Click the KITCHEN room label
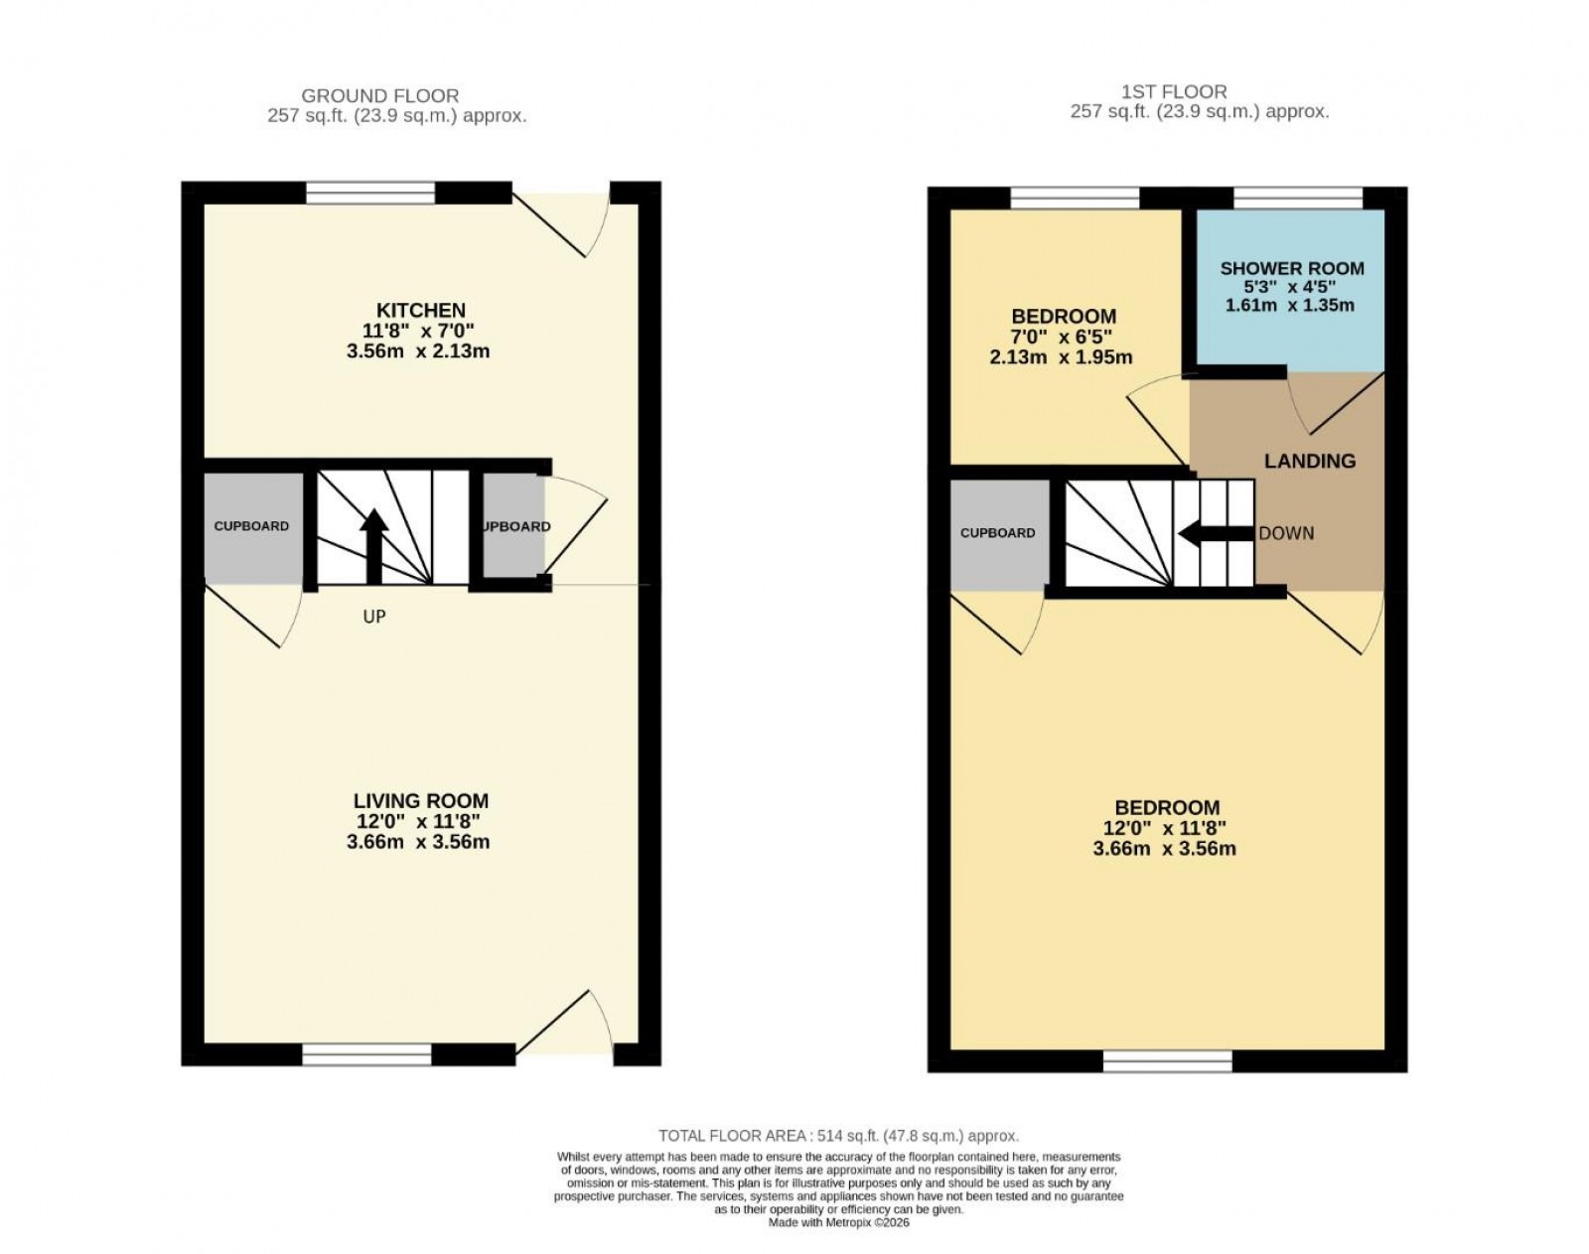coord(420,311)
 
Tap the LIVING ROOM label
coord(420,800)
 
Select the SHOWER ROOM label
coord(1291,268)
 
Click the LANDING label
coord(1309,461)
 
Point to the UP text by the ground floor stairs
coord(373,617)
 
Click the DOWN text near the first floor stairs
coord(1286,533)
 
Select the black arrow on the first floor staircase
coord(1214,534)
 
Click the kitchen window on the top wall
coord(370,193)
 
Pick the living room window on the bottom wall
coord(366,1054)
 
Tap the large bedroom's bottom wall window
coord(1167,1061)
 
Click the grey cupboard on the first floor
coord(997,533)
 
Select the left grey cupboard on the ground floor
coord(251,526)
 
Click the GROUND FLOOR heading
coord(379,96)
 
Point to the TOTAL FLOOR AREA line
coord(838,1136)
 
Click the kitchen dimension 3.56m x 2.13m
coord(420,351)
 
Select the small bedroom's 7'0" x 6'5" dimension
coord(1061,338)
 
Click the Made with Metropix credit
coord(838,1223)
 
